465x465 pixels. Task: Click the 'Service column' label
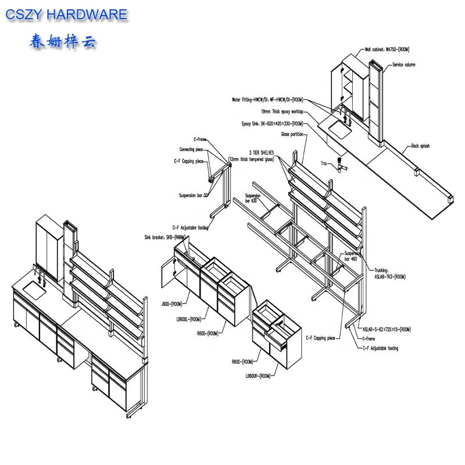(x=405, y=65)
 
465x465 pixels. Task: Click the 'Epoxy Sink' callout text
(x=273, y=124)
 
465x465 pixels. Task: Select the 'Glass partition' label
(x=294, y=134)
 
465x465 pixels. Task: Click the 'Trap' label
(x=324, y=164)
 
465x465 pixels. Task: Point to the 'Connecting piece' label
(x=191, y=149)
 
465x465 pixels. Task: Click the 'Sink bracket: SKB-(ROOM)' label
(x=164, y=237)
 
